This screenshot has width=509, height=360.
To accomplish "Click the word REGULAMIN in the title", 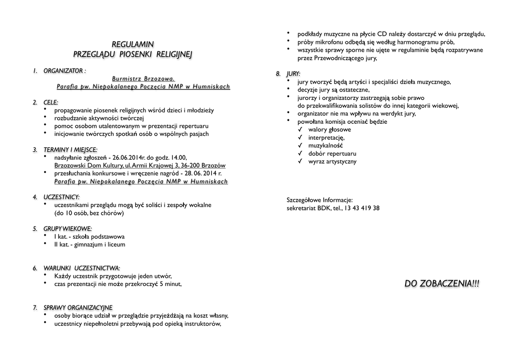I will (x=133, y=44).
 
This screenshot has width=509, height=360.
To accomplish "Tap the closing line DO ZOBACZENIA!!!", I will (x=442, y=284).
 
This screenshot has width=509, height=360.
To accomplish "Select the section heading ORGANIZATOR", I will (x=63, y=71).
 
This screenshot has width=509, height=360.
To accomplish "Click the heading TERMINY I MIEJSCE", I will (x=70, y=149).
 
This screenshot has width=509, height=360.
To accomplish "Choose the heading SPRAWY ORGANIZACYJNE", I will (x=78, y=307).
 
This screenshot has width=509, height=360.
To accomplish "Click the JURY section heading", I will (x=293, y=74).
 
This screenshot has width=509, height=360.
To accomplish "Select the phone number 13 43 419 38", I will (x=362, y=208).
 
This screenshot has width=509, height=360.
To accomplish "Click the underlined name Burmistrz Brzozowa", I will (x=144, y=79).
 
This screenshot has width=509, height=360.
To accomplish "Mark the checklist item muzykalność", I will (x=326, y=145).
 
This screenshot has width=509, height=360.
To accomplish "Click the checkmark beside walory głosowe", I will (x=300, y=129).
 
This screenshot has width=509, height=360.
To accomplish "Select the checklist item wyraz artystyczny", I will (x=332, y=161).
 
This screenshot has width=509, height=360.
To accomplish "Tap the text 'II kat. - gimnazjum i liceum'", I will (x=89, y=245).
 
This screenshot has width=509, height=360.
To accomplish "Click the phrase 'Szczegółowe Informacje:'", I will (x=320, y=200).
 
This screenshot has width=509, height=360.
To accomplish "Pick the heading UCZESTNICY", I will (x=62, y=197).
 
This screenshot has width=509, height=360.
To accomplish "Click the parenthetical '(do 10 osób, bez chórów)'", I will (x=89, y=213).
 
